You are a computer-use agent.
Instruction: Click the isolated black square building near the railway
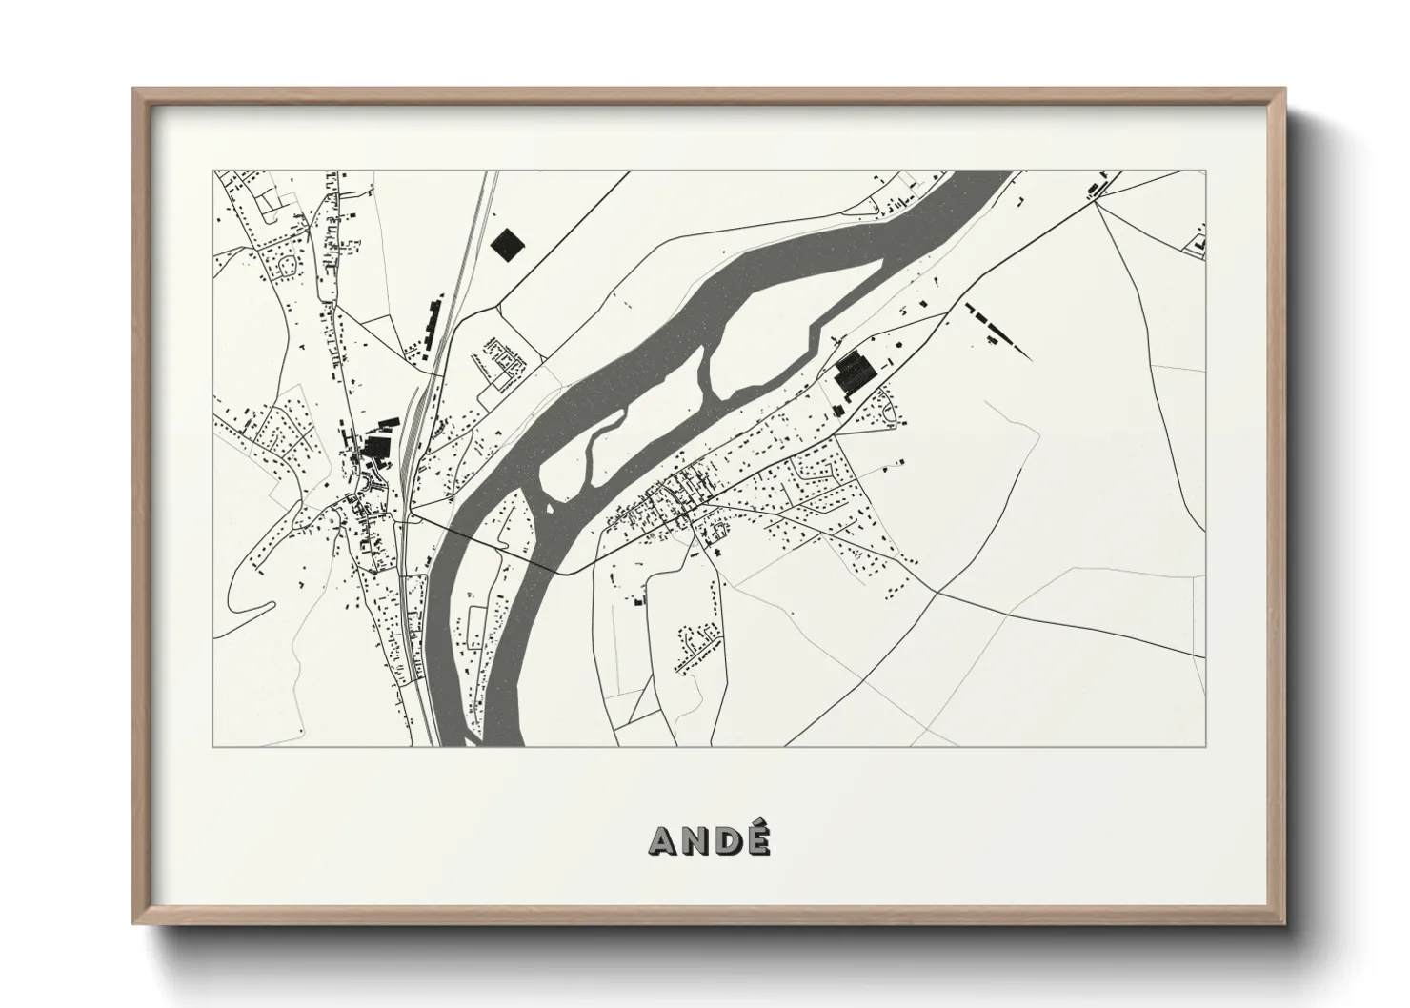(508, 243)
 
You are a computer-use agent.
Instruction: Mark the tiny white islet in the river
(549, 507)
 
